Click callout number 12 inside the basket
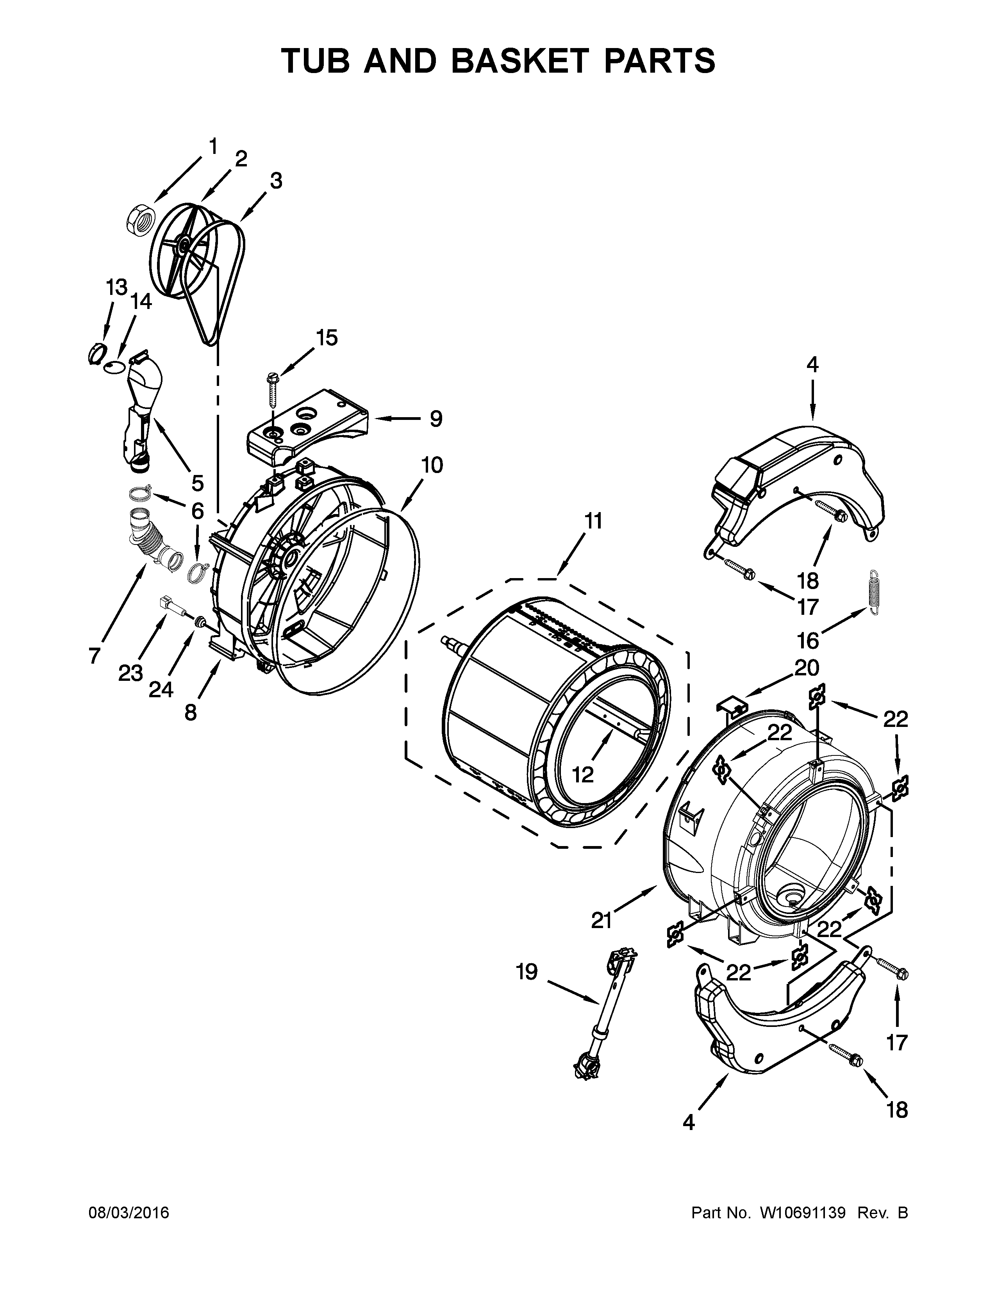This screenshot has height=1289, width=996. (x=582, y=774)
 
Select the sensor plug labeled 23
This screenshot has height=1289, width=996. (x=168, y=604)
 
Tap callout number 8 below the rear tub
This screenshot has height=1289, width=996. (x=190, y=712)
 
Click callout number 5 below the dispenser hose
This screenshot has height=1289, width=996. (x=197, y=483)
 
